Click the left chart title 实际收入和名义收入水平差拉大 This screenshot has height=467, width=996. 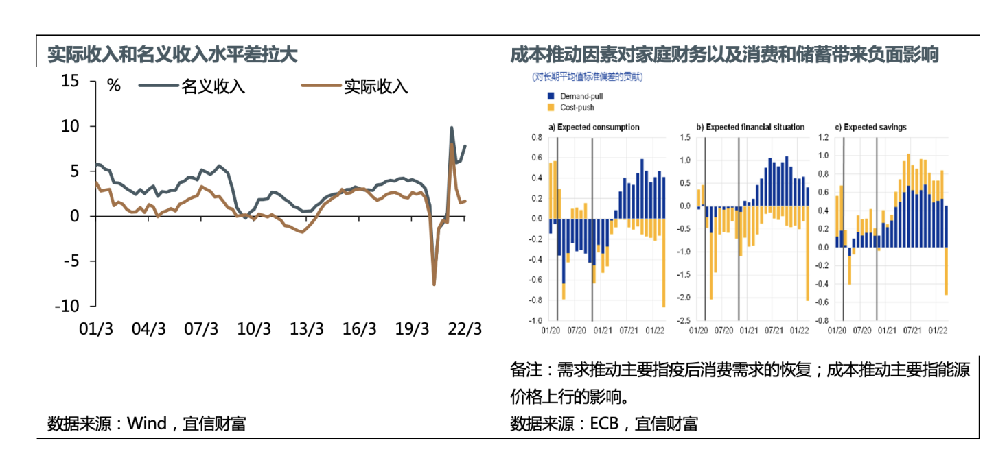pos(172,55)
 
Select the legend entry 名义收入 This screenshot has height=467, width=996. pos(213,86)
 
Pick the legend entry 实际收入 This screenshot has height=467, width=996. pos(376,86)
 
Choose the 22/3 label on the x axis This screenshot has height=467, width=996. pos(465,328)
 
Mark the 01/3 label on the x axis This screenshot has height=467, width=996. pos(97,328)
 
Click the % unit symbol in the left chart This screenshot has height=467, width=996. pos(114,86)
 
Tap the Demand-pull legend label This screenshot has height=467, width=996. pos(581,96)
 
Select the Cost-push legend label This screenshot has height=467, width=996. pos(577,108)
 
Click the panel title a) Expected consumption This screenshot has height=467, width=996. pos(594,127)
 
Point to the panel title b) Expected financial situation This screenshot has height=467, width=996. pos(750,127)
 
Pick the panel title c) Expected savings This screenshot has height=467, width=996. pos(870,127)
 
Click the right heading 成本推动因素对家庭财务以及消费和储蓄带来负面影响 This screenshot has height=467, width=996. pos(724,55)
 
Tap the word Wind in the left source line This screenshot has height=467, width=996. pos(146,423)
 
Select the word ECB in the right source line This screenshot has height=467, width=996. pos(605,423)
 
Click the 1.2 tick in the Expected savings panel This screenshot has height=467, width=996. pos(824,137)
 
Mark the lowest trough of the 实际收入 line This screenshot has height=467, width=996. pos(435,284)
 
